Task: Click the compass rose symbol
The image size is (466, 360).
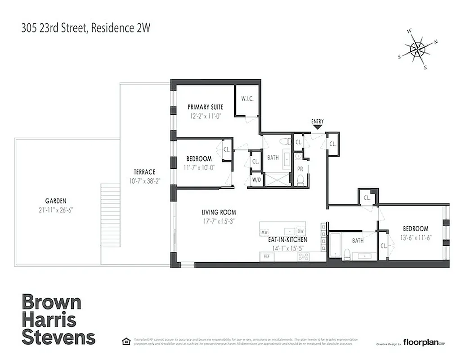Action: click(418, 49)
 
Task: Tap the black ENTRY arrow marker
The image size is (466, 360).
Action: click(317, 127)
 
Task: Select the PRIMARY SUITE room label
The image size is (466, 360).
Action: click(205, 107)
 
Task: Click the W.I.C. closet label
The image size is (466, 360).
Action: click(247, 99)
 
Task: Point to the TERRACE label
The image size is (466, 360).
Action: click(144, 172)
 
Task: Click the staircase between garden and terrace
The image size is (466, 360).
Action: click(110, 214)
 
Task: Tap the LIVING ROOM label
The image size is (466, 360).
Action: click(219, 212)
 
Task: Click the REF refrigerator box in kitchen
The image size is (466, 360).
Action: click(266, 256)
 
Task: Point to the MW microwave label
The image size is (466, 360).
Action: click(264, 232)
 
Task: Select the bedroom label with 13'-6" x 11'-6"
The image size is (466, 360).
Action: click(415, 229)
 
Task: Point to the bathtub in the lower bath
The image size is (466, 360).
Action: click(335, 245)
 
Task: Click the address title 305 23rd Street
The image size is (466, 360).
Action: click(85, 28)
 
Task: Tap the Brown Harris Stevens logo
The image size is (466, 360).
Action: click(58, 319)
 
